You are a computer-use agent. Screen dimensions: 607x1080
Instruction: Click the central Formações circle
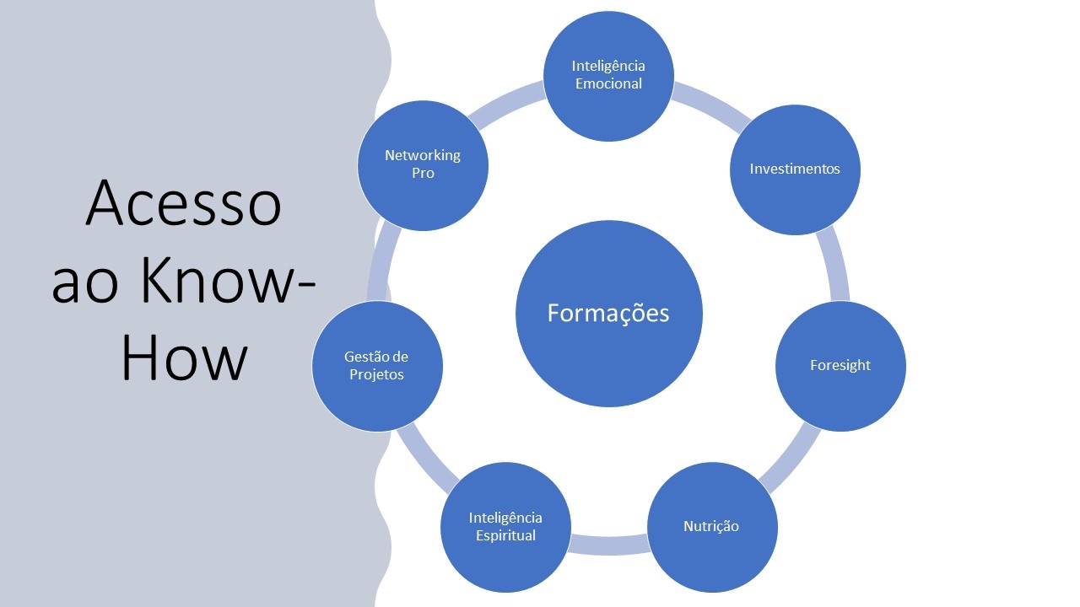click(x=608, y=314)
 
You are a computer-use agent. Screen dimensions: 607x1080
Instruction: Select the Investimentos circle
click(x=795, y=169)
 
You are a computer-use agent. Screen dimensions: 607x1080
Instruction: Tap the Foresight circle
click(x=840, y=366)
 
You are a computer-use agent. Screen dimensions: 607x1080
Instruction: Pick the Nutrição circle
click(x=711, y=527)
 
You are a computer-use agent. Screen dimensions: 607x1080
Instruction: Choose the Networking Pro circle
click(x=423, y=164)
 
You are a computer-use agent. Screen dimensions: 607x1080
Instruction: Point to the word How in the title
click(x=184, y=358)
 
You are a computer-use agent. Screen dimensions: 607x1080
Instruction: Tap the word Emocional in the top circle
click(x=608, y=83)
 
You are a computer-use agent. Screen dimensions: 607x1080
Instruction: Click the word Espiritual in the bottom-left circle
click(x=505, y=535)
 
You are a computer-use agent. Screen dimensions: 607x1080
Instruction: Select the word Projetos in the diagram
click(x=377, y=374)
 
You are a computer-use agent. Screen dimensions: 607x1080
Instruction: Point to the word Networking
click(x=423, y=155)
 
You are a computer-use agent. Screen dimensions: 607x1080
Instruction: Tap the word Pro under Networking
click(x=423, y=174)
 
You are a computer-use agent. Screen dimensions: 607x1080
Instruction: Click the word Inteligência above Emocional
click(x=608, y=66)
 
